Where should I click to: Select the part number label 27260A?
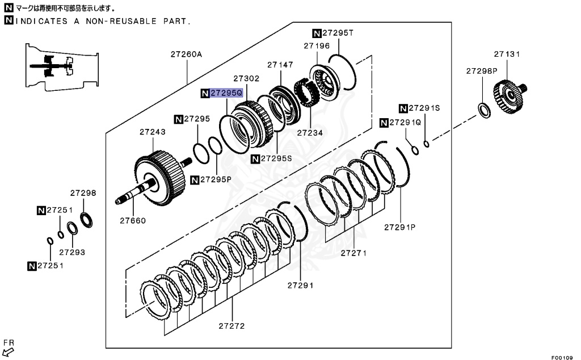point(186,55)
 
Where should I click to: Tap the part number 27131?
point(506,54)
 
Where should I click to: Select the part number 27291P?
point(400,227)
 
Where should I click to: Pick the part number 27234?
point(310,132)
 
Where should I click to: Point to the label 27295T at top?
point(339,33)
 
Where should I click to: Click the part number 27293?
point(71,251)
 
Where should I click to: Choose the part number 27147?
point(280,65)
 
